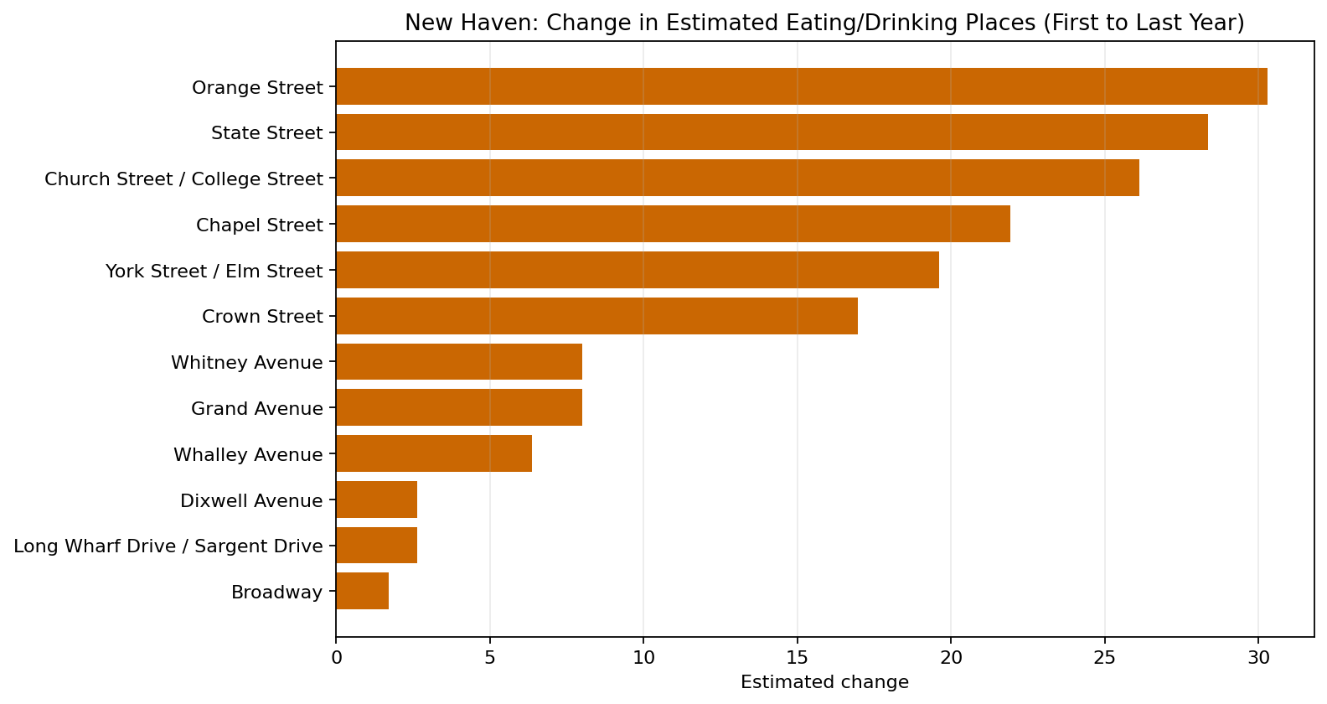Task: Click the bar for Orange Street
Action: tap(801, 86)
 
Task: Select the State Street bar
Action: tap(772, 132)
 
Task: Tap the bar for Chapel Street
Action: tap(673, 224)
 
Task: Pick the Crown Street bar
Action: tap(596, 316)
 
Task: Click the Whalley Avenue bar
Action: tap(434, 453)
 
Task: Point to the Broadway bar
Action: tap(362, 591)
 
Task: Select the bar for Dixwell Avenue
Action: tap(376, 500)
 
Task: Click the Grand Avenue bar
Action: tap(459, 407)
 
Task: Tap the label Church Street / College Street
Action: tap(183, 179)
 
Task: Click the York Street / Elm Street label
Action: tap(214, 271)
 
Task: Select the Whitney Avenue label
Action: tap(246, 362)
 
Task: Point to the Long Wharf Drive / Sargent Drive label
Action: tap(168, 546)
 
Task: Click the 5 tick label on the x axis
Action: tap(490, 658)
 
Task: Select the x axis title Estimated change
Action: tap(824, 682)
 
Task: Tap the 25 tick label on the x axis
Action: tap(1104, 658)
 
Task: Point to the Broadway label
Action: tap(276, 592)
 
